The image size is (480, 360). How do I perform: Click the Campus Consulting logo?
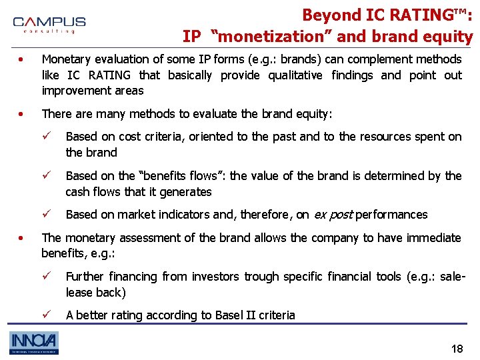(x=49, y=25)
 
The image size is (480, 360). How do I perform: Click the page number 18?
(x=457, y=349)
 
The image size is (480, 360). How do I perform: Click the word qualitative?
(x=290, y=75)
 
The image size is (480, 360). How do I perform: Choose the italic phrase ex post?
(x=332, y=215)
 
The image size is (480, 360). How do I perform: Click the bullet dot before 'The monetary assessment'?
(x=22, y=238)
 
